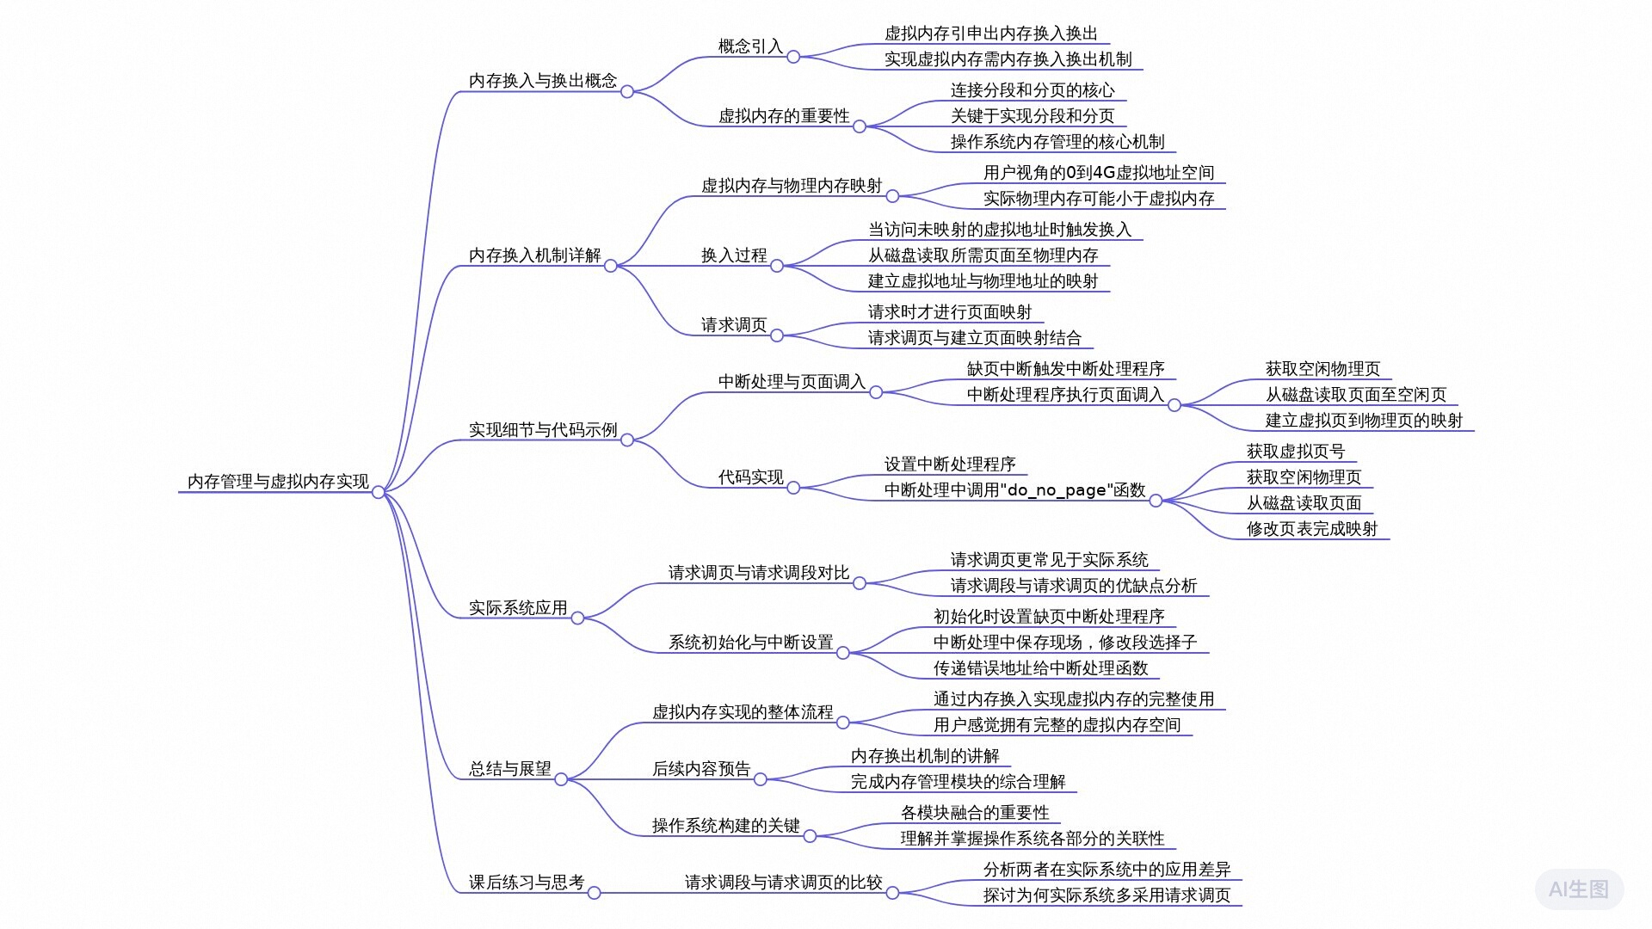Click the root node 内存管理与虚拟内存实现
pyautogui.click(x=278, y=482)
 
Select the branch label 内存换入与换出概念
pyautogui.click(x=542, y=81)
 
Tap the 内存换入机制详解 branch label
pyautogui.click(x=534, y=255)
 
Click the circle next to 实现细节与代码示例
pyautogui.click(x=627, y=440)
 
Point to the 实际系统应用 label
pyautogui.click(x=517, y=608)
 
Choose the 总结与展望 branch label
pyautogui.click(x=509, y=769)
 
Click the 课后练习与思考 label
pyautogui.click(x=526, y=883)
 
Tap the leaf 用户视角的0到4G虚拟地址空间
pyautogui.click(x=1099, y=173)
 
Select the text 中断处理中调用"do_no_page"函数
pyautogui.click(x=1014, y=490)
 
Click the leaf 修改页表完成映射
pyautogui.click(x=1311, y=529)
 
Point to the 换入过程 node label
pyautogui.click(x=733, y=255)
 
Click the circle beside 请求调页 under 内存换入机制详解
pyautogui.click(x=777, y=335)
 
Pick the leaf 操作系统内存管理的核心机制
pyautogui.click(x=1057, y=142)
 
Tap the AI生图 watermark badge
pyautogui.click(x=1578, y=889)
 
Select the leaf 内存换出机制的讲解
pyautogui.click(x=925, y=756)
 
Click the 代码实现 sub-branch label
pyautogui.click(x=750, y=477)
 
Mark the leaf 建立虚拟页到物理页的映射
pyautogui.click(x=1364, y=421)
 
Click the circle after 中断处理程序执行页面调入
pyautogui.click(x=1174, y=405)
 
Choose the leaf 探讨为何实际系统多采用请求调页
pyautogui.click(x=1106, y=895)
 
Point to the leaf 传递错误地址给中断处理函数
pyautogui.click(x=1040, y=668)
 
